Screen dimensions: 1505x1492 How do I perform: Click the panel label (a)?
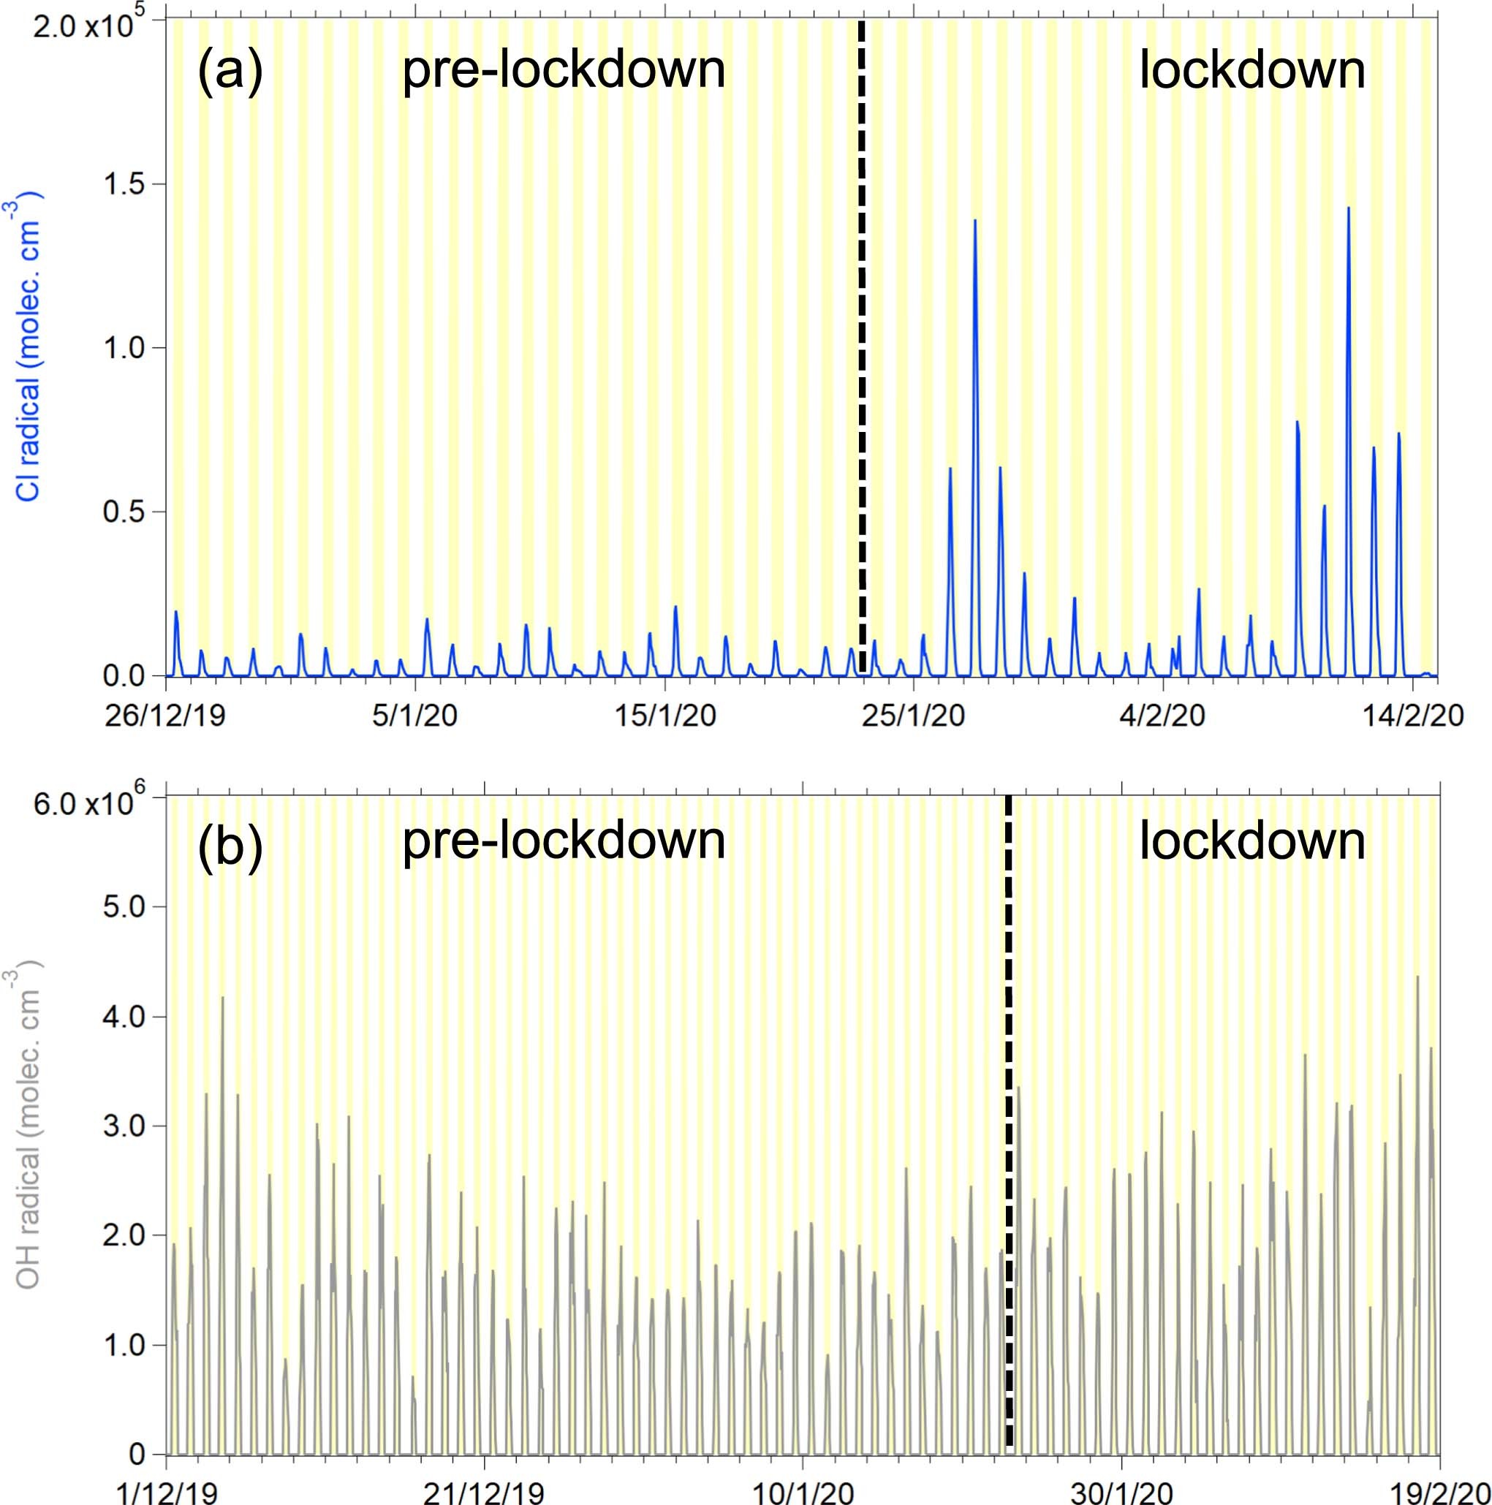click(x=230, y=71)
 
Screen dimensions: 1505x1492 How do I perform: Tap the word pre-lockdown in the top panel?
click(x=564, y=71)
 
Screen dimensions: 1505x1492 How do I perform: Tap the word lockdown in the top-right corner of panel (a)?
click(x=1252, y=71)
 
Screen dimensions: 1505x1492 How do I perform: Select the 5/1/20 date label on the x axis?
click(x=414, y=715)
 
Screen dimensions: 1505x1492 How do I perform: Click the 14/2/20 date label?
click(x=1412, y=715)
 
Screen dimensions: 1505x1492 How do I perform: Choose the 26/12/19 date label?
click(x=165, y=715)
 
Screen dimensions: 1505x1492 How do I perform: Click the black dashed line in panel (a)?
click(x=862, y=351)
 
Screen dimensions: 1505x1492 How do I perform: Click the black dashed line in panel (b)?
click(x=1008, y=1129)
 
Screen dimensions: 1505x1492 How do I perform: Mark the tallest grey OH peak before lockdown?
click(x=223, y=998)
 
